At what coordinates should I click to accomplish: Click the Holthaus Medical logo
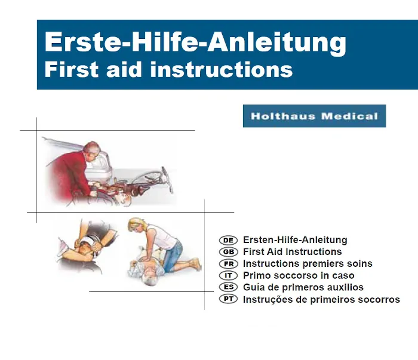point(314,116)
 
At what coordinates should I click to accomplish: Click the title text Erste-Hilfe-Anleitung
point(195,42)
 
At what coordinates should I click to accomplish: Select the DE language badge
point(229,240)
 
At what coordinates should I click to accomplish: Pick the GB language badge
point(229,252)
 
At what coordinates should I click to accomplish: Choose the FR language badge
point(229,264)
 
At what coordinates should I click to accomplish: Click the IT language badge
point(229,276)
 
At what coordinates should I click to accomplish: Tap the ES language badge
point(229,288)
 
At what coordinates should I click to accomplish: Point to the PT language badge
point(229,300)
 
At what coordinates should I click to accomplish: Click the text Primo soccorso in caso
point(299,276)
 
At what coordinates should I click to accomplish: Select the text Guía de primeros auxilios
point(303,288)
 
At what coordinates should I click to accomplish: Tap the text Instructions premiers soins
point(308,264)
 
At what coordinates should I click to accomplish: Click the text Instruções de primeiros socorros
point(321,300)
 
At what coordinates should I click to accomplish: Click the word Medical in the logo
point(349,116)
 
